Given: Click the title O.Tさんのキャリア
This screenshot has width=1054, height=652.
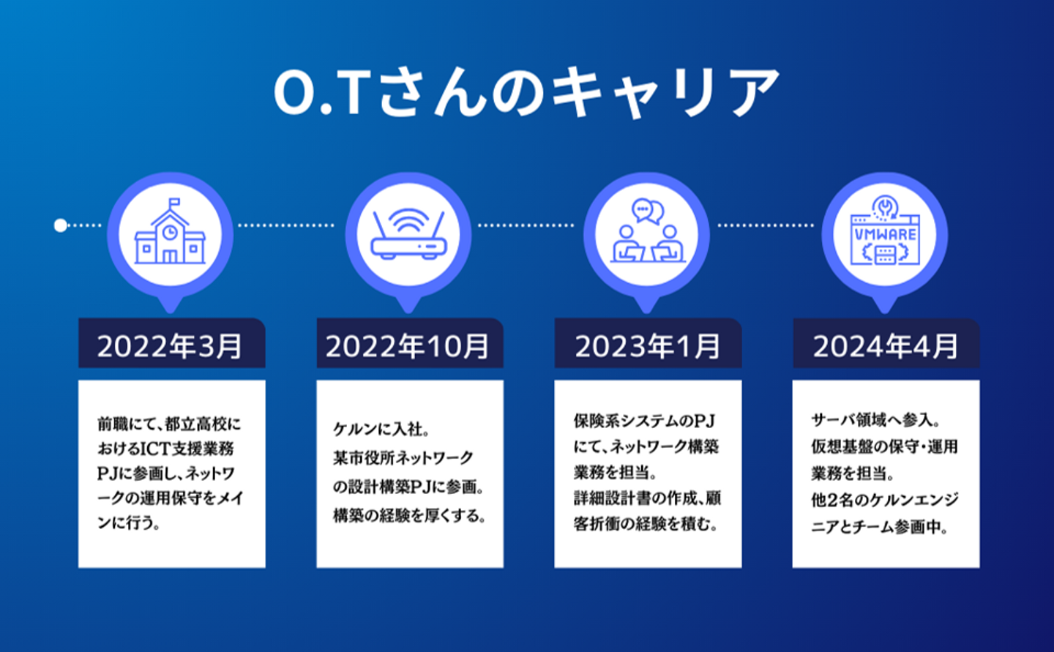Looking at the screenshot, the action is (x=526, y=91).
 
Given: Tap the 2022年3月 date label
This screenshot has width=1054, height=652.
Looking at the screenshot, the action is (x=170, y=346).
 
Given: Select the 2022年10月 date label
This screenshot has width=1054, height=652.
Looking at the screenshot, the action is (x=408, y=346).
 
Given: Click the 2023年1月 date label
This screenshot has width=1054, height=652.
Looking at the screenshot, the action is (x=648, y=346).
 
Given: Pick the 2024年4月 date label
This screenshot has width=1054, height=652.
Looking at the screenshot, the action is (x=886, y=346).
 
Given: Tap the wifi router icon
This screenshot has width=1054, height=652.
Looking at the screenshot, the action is (x=408, y=234).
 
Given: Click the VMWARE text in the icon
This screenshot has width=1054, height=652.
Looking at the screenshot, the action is (x=885, y=234).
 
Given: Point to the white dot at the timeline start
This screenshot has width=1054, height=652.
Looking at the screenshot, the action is (x=60, y=225).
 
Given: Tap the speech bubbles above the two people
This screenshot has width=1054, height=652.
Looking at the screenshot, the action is (x=648, y=211).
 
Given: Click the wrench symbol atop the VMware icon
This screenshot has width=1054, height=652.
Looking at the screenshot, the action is (x=885, y=206).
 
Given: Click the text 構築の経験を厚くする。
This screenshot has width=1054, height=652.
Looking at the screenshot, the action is (x=409, y=516).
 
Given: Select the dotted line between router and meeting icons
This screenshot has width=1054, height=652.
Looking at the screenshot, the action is (x=526, y=225).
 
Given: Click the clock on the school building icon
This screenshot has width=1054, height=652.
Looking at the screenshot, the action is (x=170, y=232).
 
